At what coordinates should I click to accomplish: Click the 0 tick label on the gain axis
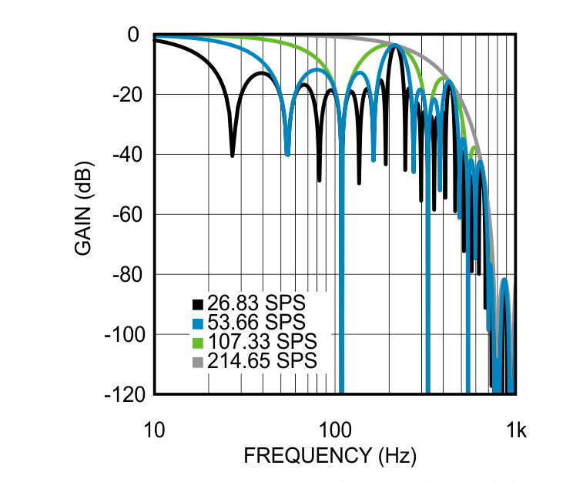[133, 35]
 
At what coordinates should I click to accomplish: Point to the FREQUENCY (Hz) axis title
[330, 456]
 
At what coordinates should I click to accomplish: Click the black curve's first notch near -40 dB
[232, 154]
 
